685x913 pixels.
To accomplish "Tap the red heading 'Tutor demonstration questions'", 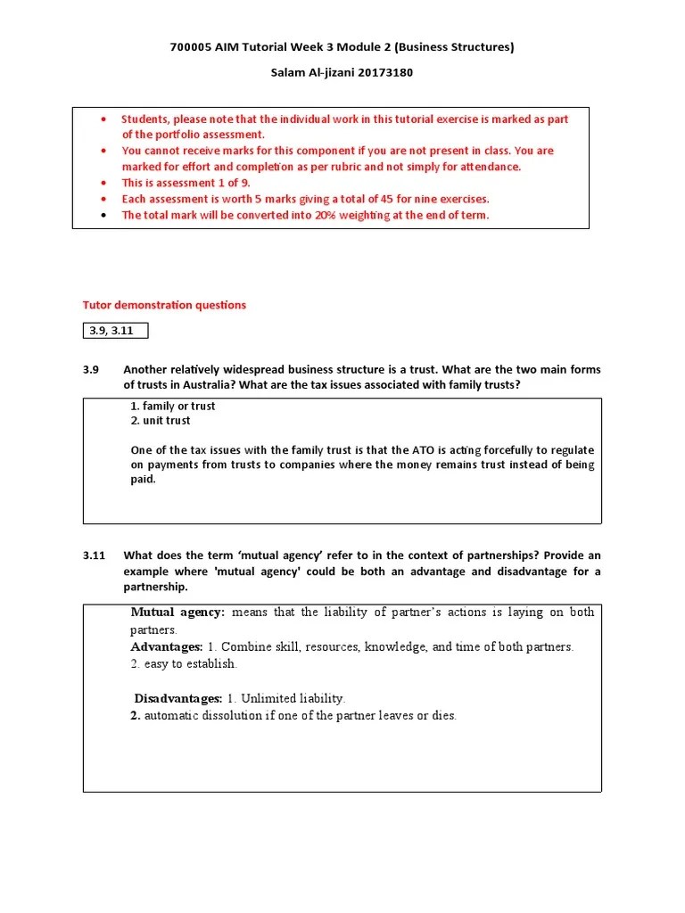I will [164, 305].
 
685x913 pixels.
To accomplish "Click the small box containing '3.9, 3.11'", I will [115, 331].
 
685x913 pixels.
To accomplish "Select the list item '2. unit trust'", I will [161, 421].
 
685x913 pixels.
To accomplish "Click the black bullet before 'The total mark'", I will [103, 215].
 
